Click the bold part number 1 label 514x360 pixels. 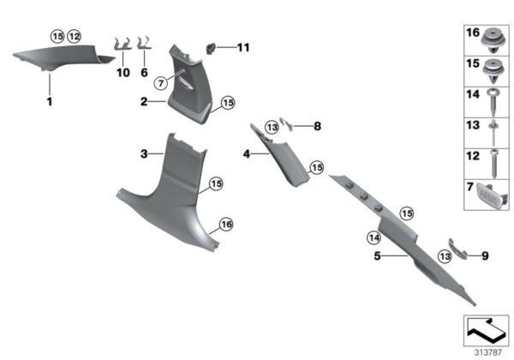(50, 102)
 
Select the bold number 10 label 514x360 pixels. (123, 73)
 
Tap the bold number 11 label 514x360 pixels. (243, 47)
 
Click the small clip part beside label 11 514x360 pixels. (210, 49)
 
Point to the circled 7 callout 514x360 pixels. (161, 83)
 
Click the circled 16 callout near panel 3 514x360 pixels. (226, 225)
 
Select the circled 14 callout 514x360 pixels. (374, 237)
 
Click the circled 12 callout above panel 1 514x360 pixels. (74, 36)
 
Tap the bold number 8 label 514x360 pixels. (317, 126)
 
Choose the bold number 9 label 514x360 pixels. (485, 255)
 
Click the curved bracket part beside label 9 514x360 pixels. (457, 249)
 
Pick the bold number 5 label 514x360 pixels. (377, 255)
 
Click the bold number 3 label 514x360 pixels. (144, 153)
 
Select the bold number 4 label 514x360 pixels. (247, 153)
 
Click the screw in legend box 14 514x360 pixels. (494, 103)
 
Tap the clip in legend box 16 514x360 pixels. (493, 41)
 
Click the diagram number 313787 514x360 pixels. (488, 352)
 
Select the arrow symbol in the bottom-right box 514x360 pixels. (487, 329)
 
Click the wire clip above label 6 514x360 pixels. (144, 44)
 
